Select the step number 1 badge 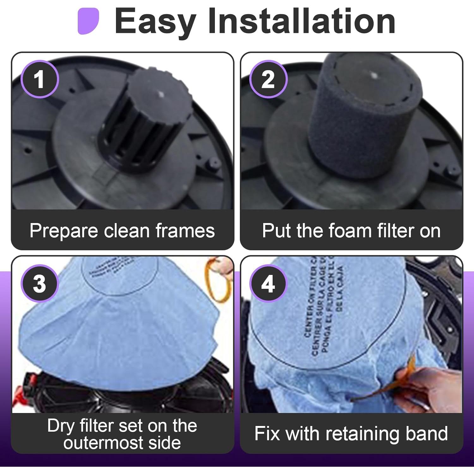point(39,79)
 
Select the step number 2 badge point(268,79)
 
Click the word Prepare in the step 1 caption point(64,231)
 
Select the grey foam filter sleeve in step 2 point(363,120)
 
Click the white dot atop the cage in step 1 point(161,94)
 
